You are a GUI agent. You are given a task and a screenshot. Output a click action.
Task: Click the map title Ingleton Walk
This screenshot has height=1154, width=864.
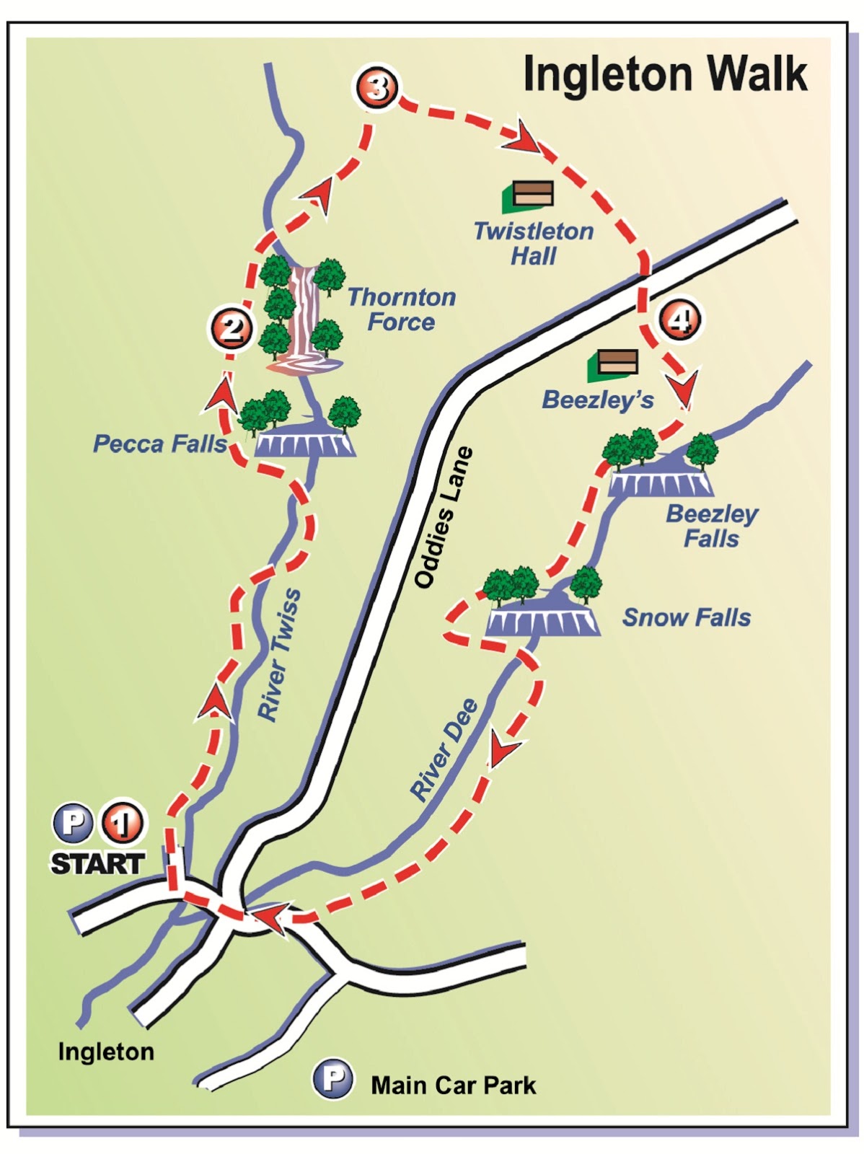[x=664, y=74]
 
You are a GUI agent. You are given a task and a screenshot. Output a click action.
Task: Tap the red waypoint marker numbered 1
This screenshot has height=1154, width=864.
[x=122, y=823]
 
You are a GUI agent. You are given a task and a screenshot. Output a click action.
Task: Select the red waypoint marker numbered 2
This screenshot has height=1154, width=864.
[x=230, y=329]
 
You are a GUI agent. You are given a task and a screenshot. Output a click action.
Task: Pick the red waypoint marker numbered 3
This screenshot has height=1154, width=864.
[x=376, y=88]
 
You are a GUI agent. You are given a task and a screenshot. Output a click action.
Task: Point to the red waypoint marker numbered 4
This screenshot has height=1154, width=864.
[x=679, y=320]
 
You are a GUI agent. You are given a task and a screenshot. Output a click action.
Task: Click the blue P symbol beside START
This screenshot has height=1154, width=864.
[x=73, y=822]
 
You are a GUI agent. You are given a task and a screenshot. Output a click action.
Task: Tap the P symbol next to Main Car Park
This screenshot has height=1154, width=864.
[x=332, y=1079]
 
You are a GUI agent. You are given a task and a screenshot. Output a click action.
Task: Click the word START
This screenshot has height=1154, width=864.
[x=97, y=863]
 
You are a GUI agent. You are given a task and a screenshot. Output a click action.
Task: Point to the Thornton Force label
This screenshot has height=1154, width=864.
[x=402, y=309]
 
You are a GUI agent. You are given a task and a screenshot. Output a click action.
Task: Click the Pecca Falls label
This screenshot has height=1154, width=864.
[x=159, y=444]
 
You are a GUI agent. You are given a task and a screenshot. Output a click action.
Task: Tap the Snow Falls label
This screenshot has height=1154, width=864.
[x=686, y=617]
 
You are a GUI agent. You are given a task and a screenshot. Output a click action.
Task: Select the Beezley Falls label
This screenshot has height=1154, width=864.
[x=711, y=527]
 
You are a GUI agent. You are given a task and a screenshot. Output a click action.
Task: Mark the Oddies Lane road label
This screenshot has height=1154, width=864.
[x=444, y=517]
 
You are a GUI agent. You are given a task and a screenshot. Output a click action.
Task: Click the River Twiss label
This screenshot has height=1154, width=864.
[x=280, y=655]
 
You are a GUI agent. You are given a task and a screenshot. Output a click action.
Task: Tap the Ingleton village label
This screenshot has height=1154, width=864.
[x=106, y=1052]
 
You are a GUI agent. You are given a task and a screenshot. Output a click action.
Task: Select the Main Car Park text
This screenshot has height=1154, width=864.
[x=453, y=1085]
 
